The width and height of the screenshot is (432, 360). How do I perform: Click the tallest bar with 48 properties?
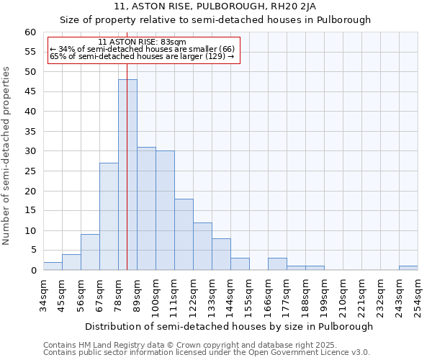click(x=127, y=175)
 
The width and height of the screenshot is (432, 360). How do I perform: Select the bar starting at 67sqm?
click(x=109, y=216)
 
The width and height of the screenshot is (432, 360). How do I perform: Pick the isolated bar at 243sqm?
click(x=408, y=268)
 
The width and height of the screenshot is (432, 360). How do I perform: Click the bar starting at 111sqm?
click(x=184, y=234)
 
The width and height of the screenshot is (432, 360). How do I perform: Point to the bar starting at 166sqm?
click(x=277, y=264)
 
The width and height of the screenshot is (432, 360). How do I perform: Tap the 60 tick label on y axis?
click(x=30, y=32)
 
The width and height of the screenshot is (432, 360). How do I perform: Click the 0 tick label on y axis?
click(x=33, y=271)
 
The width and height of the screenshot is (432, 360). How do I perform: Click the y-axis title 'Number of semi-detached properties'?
click(x=7, y=156)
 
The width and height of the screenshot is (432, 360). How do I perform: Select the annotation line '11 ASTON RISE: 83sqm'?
click(x=142, y=42)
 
